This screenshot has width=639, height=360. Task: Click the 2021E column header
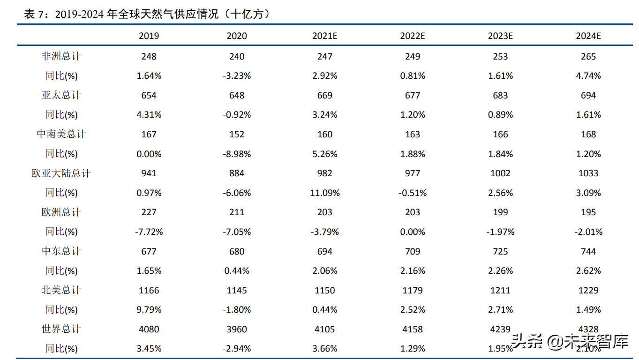coord(324,36)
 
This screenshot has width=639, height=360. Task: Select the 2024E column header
coord(588,36)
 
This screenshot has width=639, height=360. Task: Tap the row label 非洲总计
coord(61,56)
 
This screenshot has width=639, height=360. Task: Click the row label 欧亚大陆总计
coord(61,173)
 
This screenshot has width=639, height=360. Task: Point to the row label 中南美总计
coord(61,134)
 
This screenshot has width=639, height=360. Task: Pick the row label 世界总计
coord(61,329)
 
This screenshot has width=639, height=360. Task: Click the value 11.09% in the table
coord(324,193)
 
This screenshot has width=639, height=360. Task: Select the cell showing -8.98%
coord(237,154)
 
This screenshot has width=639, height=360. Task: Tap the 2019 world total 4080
coord(149,329)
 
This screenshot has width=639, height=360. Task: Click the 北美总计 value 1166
coord(149,290)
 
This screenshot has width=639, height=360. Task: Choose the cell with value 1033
coord(588,173)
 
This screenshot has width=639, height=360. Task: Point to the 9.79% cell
coord(149,310)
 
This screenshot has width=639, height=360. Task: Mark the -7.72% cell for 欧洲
coord(149,232)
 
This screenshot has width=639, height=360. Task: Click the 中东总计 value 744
coord(588,251)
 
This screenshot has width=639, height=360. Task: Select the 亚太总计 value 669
coord(324,95)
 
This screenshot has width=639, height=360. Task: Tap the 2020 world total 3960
coord(237,329)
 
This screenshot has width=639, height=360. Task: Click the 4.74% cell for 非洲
coord(588,75)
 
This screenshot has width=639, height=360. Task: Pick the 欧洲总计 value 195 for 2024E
coord(588,212)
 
